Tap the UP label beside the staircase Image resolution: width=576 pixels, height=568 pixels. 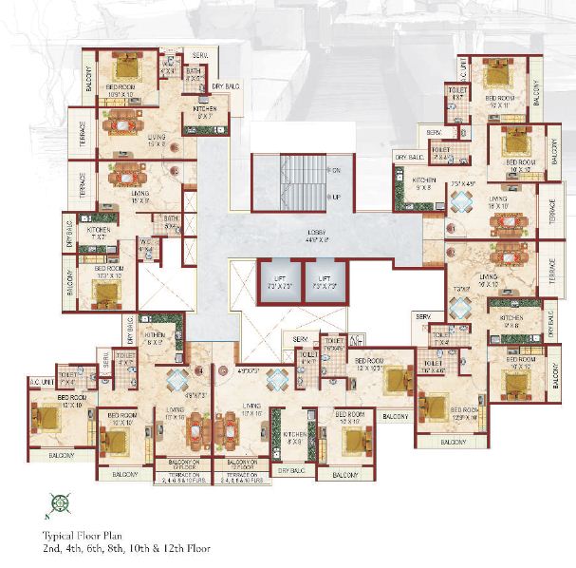(x=336, y=197)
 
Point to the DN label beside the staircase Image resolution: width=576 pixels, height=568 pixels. (x=336, y=170)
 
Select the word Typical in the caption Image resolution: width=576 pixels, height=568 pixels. (x=60, y=535)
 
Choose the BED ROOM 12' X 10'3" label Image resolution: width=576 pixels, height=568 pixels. (x=371, y=364)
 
